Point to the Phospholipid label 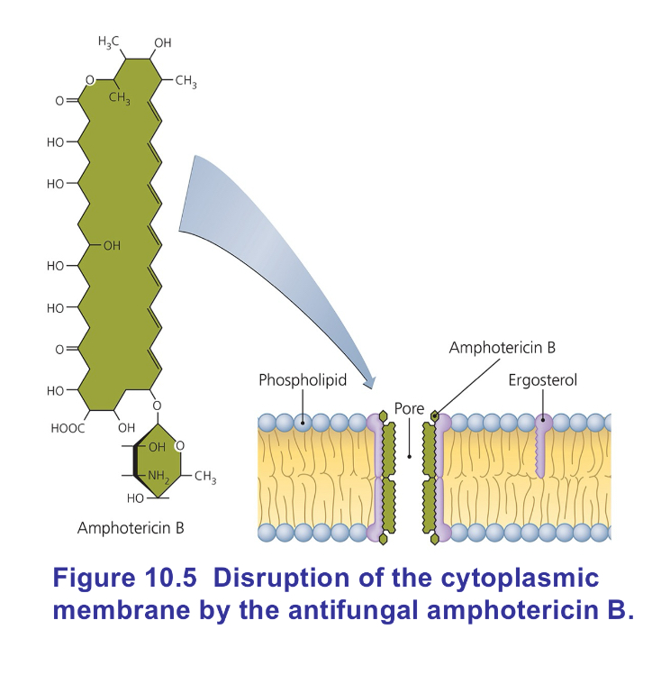pyautogui.click(x=303, y=380)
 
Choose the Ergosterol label pyautogui.click(x=542, y=380)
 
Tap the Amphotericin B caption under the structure pyautogui.click(x=131, y=527)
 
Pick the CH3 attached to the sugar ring pyautogui.click(x=205, y=475)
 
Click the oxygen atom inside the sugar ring pyautogui.click(x=178, y=444)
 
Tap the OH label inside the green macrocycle pyautogui.click(x=112, y=245)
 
